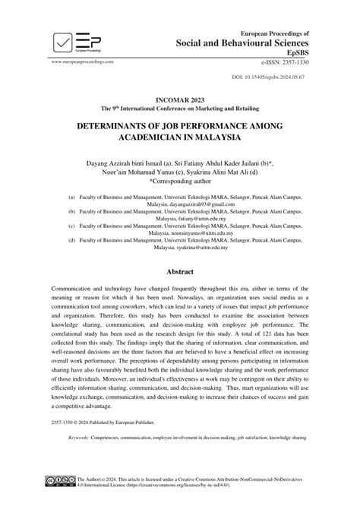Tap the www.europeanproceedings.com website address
(x=82, y=60)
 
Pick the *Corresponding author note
(x=180, y=183)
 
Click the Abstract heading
(x=180, y=271)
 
